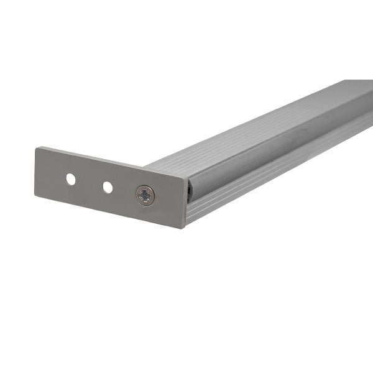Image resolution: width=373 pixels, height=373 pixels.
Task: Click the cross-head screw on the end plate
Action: point(145,196)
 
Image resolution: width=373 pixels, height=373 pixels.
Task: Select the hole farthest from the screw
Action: point(71,179)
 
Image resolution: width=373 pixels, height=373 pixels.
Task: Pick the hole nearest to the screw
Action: point(108,186)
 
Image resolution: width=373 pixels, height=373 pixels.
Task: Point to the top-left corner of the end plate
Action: point(36,148)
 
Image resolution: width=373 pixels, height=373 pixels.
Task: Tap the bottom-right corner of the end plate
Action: point(184,228)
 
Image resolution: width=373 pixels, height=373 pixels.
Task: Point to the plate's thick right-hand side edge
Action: point(186,204)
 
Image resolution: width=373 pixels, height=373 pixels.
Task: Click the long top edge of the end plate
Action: point(112,163)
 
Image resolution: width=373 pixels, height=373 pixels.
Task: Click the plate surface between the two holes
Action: point(90,183)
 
